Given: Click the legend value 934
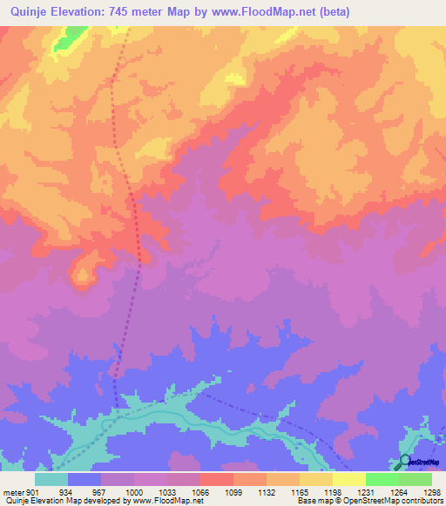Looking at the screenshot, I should (65, 492).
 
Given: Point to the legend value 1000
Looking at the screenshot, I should (133, 492).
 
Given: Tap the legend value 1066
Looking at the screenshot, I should (199, 492).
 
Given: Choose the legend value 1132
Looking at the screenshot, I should (267, 492).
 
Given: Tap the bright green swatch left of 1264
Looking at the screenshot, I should (382, 479).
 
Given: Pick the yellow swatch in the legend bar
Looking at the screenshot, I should (349, 479).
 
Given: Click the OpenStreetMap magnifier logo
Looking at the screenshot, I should (404, 463).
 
